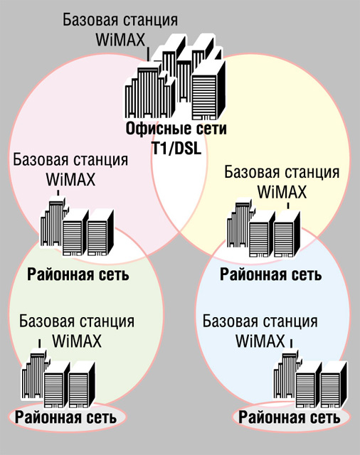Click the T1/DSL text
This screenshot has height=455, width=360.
[x=176, y=149]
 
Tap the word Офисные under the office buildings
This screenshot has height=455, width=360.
[x=151, y=129]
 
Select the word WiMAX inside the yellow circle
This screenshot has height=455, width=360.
[x=282, y=192]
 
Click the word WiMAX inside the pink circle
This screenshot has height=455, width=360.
[x=70, y=180]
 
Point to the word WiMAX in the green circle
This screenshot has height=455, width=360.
[x=77, y=341]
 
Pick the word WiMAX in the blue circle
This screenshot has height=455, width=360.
[x=260, y=341]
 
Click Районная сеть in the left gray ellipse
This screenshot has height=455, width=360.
[x=65, y=417]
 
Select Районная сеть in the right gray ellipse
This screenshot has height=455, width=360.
[x=289, y=417]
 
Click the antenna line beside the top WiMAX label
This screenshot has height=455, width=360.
[x=149, y=54]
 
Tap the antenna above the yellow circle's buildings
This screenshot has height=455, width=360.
[x=288, y=206]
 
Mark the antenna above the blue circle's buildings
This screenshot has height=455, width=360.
[x=291, y=343]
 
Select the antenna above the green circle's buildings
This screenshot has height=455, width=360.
[x=39, y=344]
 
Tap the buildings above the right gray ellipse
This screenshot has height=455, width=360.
[x=310, y=378]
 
